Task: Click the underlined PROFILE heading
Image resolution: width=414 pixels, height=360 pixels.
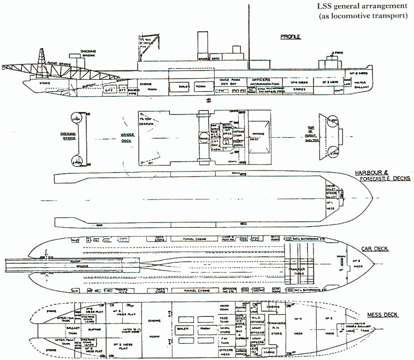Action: (291, 37)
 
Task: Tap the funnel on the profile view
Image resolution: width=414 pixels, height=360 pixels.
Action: (202, 45)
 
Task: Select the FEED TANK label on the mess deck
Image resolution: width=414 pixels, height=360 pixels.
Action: (223, 319)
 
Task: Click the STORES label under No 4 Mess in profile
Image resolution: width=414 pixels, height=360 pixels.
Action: (299, 88)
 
